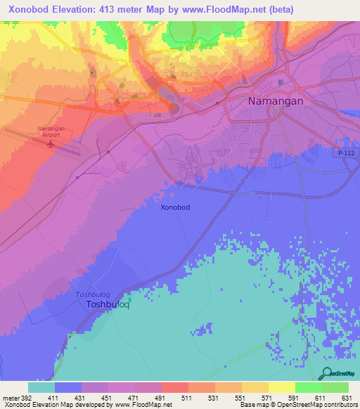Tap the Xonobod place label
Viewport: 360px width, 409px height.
tap(175, 207)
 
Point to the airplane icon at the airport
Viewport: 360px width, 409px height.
tap(50, 145)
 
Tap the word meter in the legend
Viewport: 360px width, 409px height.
tap(9, 397)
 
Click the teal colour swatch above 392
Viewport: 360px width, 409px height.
tap(41, 387)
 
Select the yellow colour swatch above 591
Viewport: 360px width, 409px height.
tap(281, 387)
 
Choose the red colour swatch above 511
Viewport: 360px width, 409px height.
tap(174, 387)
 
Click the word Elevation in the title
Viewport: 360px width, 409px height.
tap(77, 8)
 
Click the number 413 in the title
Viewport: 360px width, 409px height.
tap(118, 8)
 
